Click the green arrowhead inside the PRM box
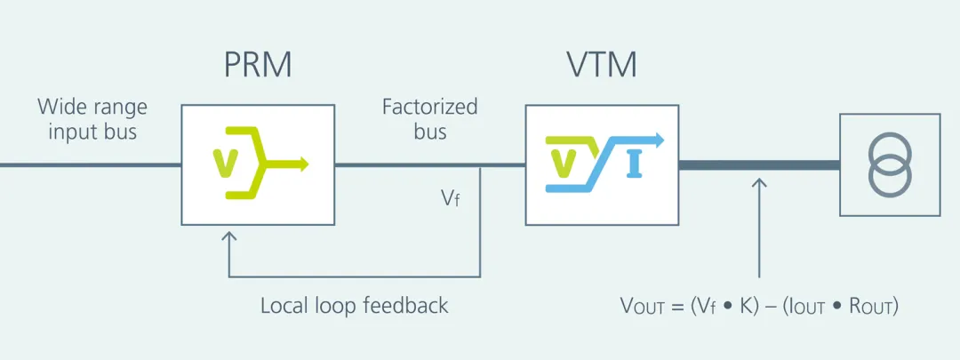coord(303,164)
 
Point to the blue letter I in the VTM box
coord(634,164)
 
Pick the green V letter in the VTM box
coord(564,164)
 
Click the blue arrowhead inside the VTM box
coord(659,140)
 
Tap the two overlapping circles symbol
coord(889,164)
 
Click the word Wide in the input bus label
coord(57,108)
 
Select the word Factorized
coord(429,108)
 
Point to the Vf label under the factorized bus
coord(451,197)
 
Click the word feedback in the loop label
coord(405,306)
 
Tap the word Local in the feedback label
coord(283,306)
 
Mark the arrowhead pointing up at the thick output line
coord(758,182)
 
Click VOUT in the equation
coord(643,307)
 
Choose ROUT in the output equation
coord(871,307)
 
